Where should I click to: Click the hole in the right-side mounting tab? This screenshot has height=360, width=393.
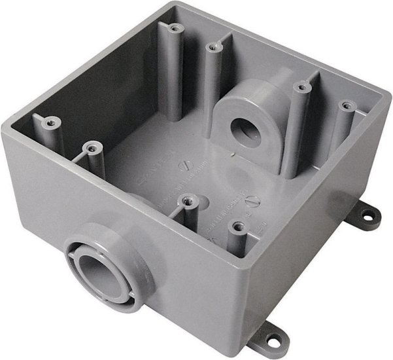click(373, 214)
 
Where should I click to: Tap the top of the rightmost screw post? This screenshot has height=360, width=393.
click(342, 104)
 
